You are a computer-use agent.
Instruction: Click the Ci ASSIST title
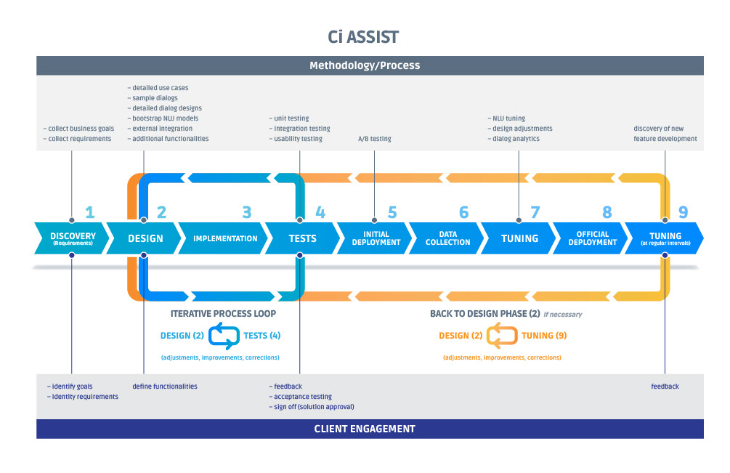pyautogui.click(x=364, y=36)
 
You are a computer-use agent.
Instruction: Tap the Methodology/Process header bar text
pyautogui.click(x=365, y=65)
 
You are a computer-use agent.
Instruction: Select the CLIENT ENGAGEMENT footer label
pyautogui.click(x=365, y=429)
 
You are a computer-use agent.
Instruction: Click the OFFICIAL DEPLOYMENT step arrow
pyautogui.click(x=592, y=238)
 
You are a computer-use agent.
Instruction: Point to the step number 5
pyautogui.click(x=392, y=213)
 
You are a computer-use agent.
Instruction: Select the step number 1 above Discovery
pyautogui.click(x=89, y=213)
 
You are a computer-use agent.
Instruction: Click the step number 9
pyautogui.click(x=682, y=213)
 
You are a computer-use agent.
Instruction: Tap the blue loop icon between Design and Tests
pyautogui.click(x=224, y=336)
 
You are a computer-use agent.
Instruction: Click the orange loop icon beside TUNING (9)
pyautogui.click(x=501, y=336)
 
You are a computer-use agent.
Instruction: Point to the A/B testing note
pyautogui.click(x=374, y=139)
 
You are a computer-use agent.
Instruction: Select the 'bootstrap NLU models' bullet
pyautogui.click(x=165, y=118)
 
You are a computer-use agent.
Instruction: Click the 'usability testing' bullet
pyautogui.click(x=298, y=139)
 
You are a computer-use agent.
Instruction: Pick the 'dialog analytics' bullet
pyautogui.click(x=515, y=139)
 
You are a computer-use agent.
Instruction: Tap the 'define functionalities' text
pyautogui.click(x=165, y=387)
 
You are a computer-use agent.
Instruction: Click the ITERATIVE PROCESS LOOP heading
pyautogui.click(x=223, y=314)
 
